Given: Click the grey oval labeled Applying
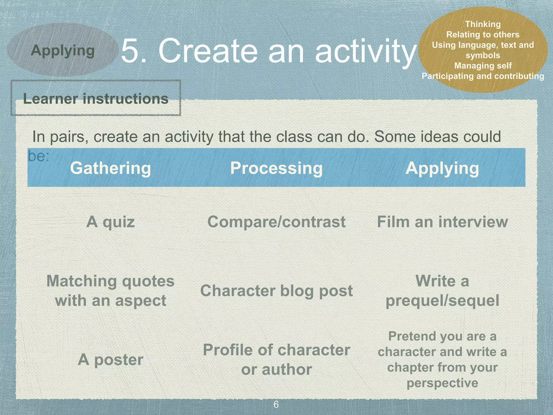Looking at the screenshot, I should coord(63,50).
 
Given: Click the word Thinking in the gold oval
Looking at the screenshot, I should coord(483,24).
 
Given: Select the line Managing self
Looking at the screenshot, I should coord(483,66).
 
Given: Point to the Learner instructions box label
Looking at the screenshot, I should coord(96,98).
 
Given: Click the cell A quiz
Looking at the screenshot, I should coord(110,222).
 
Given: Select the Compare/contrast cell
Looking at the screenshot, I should coord(276,222).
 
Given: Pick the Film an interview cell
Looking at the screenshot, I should coord(442,222).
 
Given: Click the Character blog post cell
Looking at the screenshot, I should coord(276,291).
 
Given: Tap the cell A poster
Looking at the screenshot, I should coord(110,360).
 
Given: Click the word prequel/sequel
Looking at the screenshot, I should coord(442,300).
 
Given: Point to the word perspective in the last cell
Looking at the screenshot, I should coord(442,383).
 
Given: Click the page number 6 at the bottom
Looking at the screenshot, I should coord(276,404).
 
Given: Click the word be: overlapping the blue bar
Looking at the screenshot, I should coord(39,156).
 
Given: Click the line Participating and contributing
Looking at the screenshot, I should coord(483,76).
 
